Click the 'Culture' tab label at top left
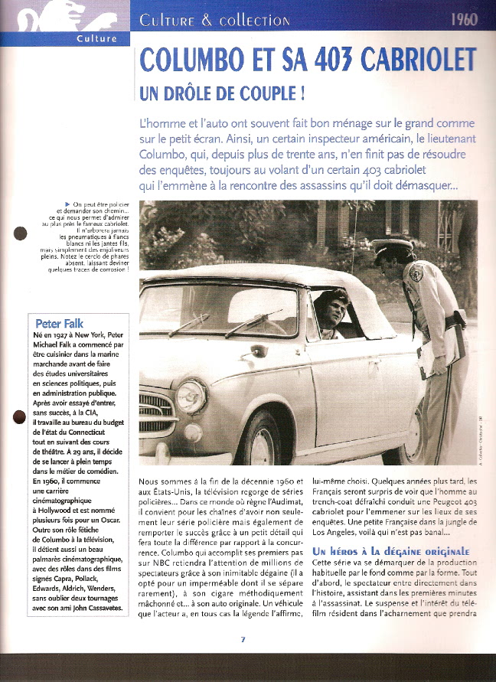pyautogui.click(x=97, y=38)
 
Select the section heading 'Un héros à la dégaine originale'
pyautogui.click(x=390, y=551)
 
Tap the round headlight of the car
pyautogui.click(x=191, y=395)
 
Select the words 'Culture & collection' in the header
pyautogui.click(x=215, y=20)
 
